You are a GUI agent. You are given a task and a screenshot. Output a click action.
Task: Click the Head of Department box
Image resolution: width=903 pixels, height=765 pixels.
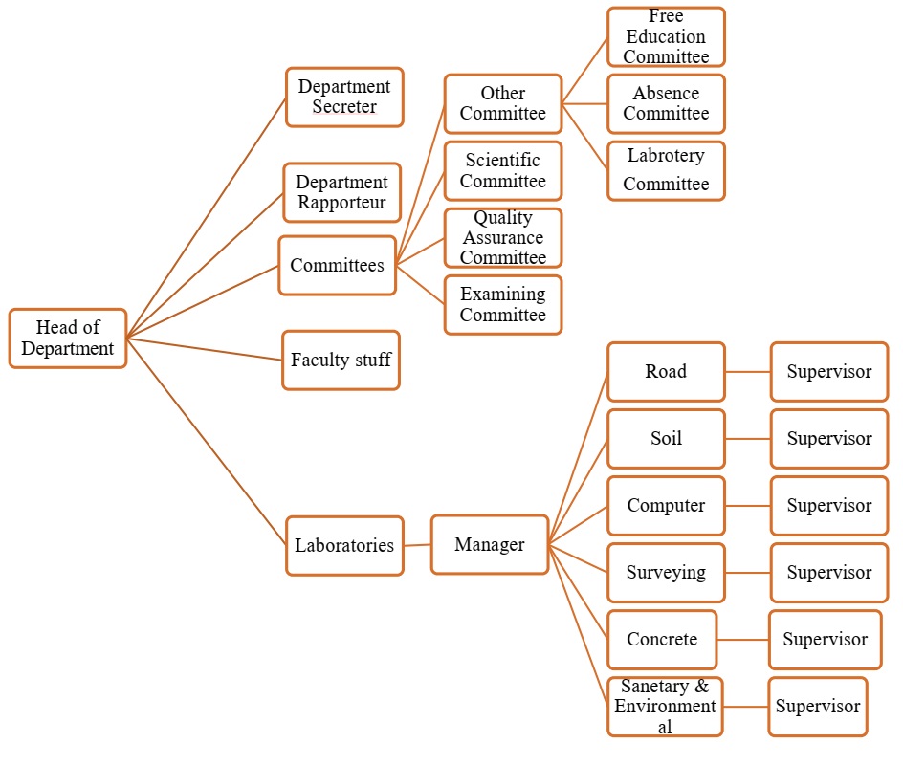68,339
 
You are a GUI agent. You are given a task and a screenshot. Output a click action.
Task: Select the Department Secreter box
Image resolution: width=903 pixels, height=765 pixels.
344,97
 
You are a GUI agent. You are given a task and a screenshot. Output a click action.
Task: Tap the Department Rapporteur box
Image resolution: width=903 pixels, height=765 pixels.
341,192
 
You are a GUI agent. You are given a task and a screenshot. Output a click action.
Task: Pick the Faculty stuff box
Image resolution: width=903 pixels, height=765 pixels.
341,361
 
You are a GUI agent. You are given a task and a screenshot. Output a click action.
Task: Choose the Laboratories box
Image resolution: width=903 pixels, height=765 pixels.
344,546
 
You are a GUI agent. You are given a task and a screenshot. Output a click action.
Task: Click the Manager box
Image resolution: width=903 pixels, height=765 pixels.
490,545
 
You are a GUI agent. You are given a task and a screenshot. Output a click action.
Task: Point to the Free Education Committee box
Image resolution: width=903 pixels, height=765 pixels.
666,37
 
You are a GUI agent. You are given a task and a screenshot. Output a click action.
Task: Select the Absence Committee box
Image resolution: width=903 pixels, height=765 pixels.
666,103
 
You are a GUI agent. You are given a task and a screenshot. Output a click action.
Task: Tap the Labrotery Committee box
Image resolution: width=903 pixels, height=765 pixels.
666,170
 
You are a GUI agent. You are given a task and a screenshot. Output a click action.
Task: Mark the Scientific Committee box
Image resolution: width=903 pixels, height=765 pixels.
503,170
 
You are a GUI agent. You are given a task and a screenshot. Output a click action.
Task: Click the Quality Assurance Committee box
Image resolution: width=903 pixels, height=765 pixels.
503,238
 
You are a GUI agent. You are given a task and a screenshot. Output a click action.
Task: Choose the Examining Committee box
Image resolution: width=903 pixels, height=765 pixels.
503,305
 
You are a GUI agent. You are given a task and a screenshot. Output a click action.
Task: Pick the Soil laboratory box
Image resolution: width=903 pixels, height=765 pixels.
666,439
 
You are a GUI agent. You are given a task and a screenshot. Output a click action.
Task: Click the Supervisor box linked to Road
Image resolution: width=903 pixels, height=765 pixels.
829,372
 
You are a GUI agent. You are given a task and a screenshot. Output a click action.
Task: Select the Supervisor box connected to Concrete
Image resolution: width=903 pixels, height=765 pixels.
825,640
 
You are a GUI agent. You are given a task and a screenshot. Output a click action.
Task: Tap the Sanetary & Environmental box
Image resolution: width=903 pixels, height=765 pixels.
665,707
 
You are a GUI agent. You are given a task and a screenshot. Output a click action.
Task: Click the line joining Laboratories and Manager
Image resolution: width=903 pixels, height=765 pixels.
417,545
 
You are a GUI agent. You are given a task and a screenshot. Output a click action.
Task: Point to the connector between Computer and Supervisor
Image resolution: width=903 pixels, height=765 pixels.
748,506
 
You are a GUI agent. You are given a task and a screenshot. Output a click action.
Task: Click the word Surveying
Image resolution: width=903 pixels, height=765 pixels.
666,573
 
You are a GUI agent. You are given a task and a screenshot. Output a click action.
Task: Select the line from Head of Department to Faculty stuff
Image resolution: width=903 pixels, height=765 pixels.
205,349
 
